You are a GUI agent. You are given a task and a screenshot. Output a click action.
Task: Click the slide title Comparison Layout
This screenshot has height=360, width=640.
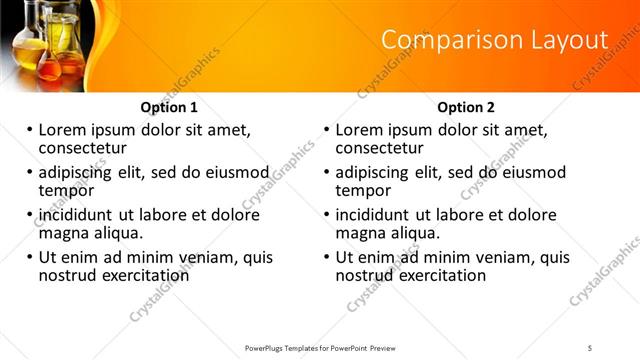[x=495, y=40]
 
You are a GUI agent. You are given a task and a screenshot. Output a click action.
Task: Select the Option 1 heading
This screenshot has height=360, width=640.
[x=169, y=107]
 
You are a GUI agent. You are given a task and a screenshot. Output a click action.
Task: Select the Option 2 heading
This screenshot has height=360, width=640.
[x=467, y=107]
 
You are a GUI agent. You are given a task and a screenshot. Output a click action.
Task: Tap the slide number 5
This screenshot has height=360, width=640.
[x=590, y=347]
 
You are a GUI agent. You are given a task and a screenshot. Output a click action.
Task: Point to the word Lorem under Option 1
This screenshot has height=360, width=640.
[x=62, y=130]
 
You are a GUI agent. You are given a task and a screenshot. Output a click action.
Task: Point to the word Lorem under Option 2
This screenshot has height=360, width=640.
[x=360, y=130]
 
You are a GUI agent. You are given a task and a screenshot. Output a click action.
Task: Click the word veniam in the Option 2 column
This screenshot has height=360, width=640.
[x=486, y=257]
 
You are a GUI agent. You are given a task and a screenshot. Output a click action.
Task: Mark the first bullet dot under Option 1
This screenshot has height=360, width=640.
[x=30, y=131]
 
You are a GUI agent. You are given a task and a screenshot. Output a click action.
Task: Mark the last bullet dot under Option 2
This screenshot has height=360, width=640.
[x=328, y=258]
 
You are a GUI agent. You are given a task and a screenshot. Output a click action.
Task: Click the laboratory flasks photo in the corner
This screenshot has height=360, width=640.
[x=50, y=45]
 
